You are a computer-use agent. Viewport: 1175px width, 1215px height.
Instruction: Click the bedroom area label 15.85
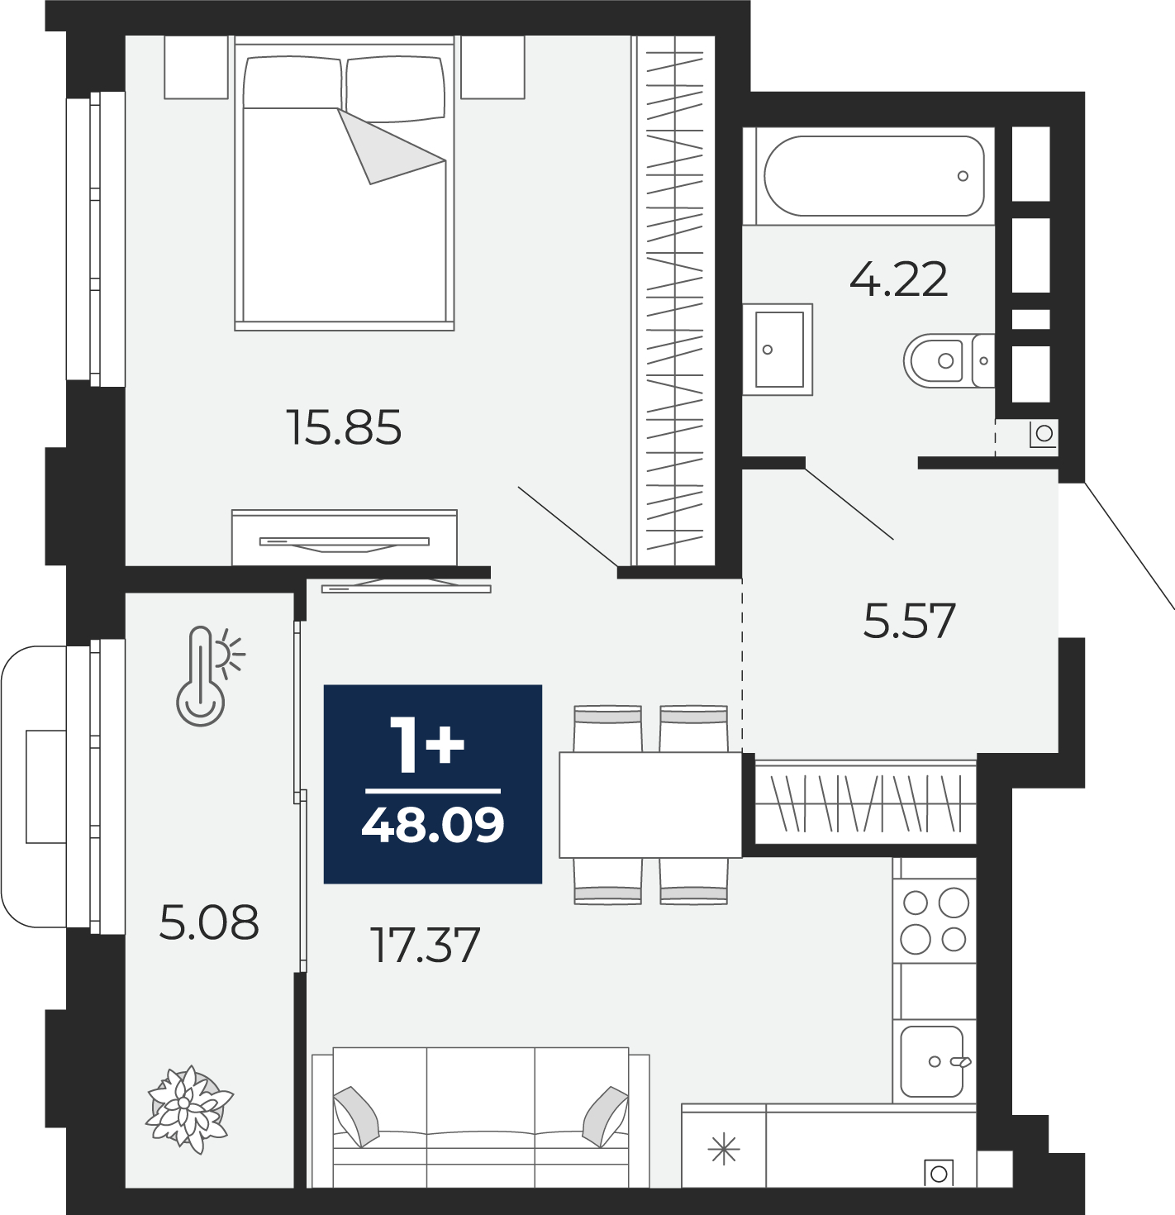point(344,427)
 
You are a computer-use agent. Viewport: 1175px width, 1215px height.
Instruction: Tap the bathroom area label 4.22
point(898,279)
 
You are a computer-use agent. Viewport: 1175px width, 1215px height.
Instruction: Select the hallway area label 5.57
point(909,621)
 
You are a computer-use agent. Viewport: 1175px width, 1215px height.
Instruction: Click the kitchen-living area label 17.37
point(425,946)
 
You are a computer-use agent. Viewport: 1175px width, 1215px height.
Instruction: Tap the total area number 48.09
point(433,825)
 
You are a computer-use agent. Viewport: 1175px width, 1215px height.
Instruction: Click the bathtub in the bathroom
point(873,176)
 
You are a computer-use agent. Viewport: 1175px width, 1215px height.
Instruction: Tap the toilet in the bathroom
point(949,360)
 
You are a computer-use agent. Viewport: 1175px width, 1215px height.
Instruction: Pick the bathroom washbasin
point(778,350)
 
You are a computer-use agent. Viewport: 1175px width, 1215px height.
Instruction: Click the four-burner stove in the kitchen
point(934,921)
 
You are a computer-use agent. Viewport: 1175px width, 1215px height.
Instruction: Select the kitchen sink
point(931,1062)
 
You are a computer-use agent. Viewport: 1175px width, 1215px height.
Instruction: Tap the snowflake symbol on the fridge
point(723,1149)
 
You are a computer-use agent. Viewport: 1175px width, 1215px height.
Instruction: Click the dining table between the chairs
point(650,805)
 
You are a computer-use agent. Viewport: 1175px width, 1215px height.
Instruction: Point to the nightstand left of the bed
point(195,67)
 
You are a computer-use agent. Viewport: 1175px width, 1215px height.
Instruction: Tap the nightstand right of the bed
point(492,67)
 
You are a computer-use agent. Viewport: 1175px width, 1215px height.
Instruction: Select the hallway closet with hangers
point(865,803)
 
